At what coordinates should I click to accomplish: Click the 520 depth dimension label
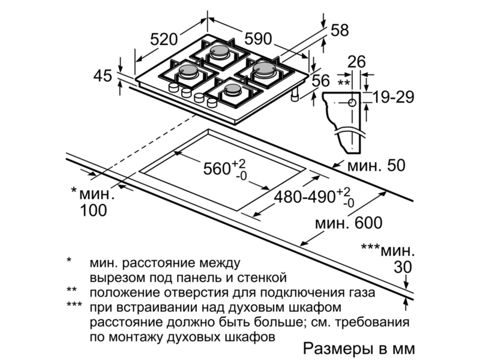click(x=164, y=40)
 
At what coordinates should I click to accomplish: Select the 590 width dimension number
click(x=258, y=39)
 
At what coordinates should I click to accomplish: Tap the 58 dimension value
click(x=340, y=31)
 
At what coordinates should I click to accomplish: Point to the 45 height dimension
click(x=103, y=76)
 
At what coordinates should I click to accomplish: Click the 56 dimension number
click(x=321, y=80)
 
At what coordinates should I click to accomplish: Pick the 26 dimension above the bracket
click(x=357, y=62)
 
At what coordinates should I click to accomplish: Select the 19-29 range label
click(x=394, y=97)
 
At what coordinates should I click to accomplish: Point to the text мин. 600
click(x=349, y=223)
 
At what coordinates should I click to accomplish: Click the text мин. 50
click(x=376, y=166)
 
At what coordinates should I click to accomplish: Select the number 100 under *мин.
click(x=94, y=211)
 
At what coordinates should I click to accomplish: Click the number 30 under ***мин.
click(x=403, y=267)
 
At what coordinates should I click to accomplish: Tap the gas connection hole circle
click(x=352, y=103)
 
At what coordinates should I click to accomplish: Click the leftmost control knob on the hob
click(x=173, y=87)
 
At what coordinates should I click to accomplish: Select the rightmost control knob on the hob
click(x=212, y=102)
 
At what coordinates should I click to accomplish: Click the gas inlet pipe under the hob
click(x=295, y=95)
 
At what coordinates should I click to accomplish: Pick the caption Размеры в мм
click(x=359, y=349)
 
